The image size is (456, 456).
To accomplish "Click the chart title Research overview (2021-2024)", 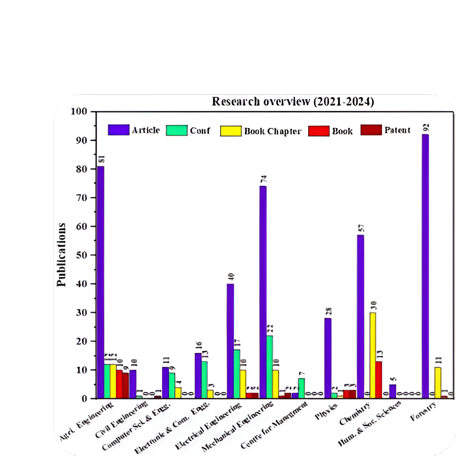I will (x=293, y=102).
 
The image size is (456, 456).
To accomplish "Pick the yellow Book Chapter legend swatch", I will (x=231, y=131).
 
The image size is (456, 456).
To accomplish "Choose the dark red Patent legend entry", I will (x=385, y=130).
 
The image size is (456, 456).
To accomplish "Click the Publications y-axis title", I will (x=61, y=254).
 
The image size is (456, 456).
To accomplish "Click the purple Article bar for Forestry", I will (x=425, y=266).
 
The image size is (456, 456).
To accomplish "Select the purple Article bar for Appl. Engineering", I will (x=101, y=282).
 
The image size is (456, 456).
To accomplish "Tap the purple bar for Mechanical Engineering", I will (x=263, y=292).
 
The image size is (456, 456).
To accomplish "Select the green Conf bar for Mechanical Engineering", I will (x=269, y=367).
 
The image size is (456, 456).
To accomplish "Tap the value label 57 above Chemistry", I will (x=360, y=228).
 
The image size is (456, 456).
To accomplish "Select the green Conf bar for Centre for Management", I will (x=301, y=388).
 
